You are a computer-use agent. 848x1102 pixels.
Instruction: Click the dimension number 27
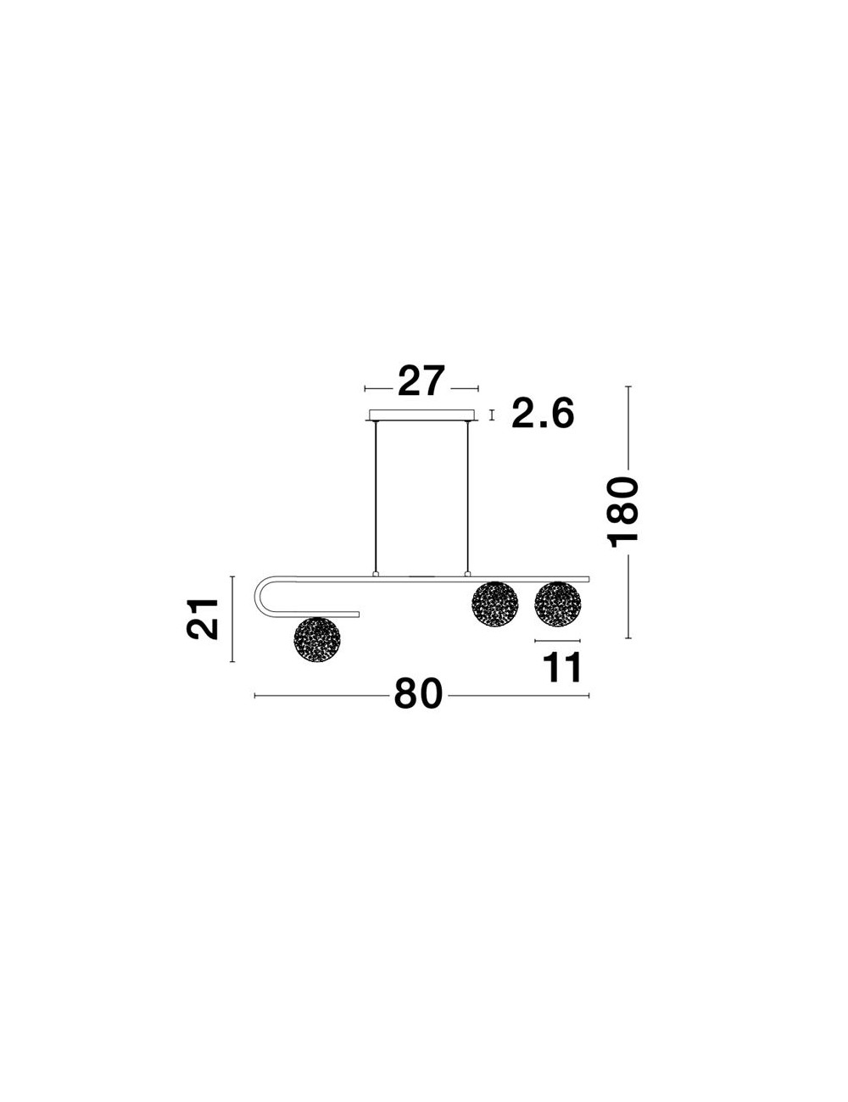[421, 381]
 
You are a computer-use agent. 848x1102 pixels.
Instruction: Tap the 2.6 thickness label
[543, 412]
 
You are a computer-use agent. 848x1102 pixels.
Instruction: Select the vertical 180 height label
[622, 512]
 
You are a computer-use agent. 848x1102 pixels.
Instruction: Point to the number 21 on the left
[203, 619]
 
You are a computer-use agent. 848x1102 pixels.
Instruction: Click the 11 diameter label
[562, 667]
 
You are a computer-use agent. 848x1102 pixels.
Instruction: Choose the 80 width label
[418, 693]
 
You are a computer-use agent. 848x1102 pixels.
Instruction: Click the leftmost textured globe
[317, 640]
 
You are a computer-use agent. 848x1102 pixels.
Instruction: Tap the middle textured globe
[495, 604]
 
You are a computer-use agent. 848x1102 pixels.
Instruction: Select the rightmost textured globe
[558, 604]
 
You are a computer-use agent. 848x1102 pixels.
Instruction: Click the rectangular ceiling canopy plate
[421, 415]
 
